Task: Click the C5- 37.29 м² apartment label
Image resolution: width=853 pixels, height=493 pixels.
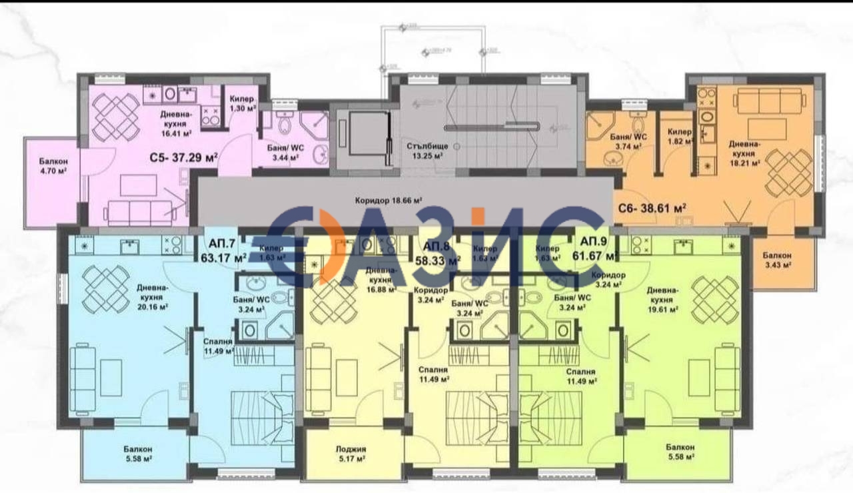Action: coord(183,158)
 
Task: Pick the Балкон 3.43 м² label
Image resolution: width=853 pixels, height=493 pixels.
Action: coord(778,260)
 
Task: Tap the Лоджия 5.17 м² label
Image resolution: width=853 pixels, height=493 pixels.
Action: coord(351,453)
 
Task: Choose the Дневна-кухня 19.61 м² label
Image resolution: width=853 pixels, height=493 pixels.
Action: coord(664,299)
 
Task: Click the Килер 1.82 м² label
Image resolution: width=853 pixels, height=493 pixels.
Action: coord(680,137)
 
